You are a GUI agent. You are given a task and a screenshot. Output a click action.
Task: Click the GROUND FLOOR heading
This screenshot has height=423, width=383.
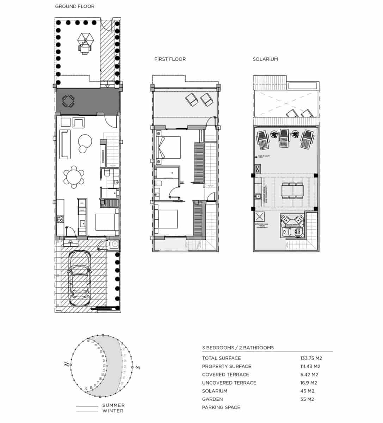[75, 6]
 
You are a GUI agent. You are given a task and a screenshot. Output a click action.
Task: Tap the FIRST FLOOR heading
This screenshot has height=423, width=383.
[170, 59]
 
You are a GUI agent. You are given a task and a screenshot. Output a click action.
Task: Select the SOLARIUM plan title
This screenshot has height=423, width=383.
[265, 59]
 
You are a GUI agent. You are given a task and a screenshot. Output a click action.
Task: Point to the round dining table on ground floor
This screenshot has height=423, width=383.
[74, 177]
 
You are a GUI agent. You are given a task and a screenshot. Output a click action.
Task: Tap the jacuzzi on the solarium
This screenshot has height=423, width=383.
[292, 226]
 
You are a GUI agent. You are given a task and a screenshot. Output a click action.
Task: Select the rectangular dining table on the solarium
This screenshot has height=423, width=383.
[292, 191]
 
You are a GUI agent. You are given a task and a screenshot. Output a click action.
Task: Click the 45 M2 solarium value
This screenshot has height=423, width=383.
[307, 391]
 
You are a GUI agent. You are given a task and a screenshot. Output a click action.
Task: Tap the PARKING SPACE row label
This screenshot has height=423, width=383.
[221, 407]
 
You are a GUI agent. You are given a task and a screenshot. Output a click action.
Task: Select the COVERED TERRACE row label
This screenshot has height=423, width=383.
[226, 375]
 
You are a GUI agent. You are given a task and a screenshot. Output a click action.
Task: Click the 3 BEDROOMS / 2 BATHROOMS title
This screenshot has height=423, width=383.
[238, 348]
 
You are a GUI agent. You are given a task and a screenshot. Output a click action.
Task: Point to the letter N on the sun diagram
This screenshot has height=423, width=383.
[67, 364]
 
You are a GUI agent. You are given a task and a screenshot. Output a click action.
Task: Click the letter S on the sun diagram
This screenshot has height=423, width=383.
[138, 368]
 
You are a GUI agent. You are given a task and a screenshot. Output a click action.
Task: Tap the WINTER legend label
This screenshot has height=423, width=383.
[113, 411]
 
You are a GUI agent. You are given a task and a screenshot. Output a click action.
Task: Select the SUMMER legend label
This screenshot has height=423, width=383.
[113, 405]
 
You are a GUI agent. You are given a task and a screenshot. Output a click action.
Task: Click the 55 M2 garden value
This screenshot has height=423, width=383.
[307, 399]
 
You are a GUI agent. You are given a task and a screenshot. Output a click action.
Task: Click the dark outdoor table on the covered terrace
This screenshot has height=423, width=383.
[68, 102]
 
